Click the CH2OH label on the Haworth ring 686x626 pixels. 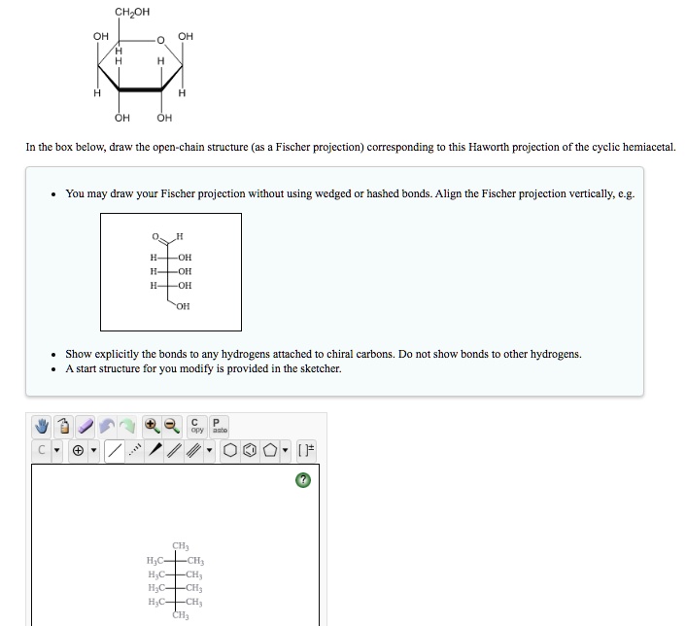point(132,12)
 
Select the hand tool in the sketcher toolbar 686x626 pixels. point(43,427)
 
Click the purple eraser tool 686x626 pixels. point(86,427)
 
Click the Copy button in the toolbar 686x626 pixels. point(197,427)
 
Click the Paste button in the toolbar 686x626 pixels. point(220,427)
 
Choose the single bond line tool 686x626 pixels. point(115,451)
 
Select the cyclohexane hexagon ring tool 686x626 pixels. point(230,451)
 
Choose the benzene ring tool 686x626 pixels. point(250,451)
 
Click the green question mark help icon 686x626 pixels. point(303,481)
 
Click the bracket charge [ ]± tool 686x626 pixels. point(307,451)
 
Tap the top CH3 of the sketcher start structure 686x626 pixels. point(181,546)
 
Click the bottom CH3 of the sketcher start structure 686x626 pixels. point(181,615)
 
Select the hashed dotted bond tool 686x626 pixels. point(136,451)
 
